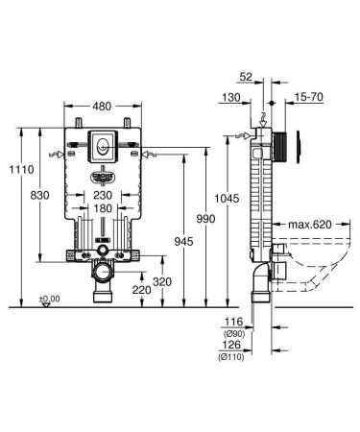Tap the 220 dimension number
tap(140, 289)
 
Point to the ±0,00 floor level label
tap(48, 299)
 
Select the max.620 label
tap(307, 224)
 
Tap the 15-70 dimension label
tap(309, 98)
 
